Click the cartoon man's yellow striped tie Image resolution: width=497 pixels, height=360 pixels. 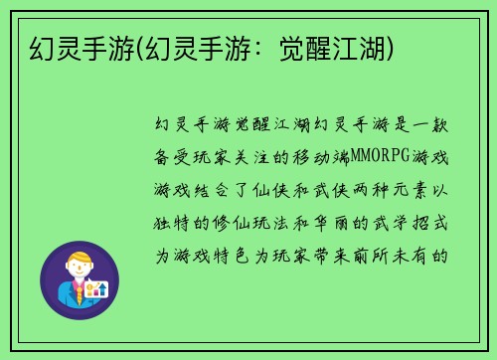click(x=77, y=291)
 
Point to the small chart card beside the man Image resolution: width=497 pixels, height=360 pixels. click(x=97, y=289)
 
